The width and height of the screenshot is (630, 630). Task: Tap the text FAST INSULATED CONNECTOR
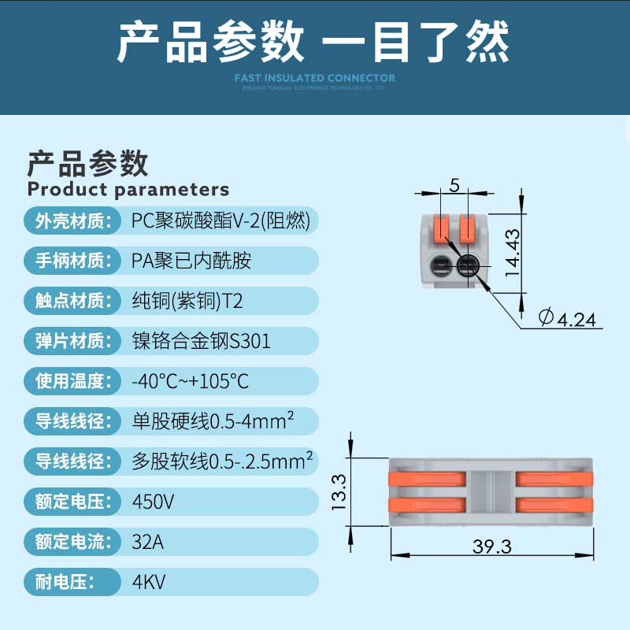[x=315, y=77]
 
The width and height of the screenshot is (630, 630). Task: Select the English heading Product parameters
[x=128, y=189]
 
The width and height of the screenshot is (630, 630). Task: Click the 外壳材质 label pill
[x=70, y=221]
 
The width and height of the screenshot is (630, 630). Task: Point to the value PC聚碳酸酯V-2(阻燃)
[x=220, y=221]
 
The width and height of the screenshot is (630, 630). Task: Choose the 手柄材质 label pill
[x=70, y=261]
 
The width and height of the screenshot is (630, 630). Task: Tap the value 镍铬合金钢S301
[x=201, y=341]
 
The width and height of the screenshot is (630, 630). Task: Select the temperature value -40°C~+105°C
[x=190, y=381]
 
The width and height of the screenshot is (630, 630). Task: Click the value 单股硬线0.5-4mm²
[x=213, y=421]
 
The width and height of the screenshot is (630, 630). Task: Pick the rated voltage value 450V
[x=153, y=501]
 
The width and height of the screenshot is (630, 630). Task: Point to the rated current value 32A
[x=149, y=542]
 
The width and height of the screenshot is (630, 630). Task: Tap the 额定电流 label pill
[x=70, y=542]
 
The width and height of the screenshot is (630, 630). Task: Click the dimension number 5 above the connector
[x=454, y=185]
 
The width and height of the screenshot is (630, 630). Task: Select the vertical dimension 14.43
[x=513, y=253]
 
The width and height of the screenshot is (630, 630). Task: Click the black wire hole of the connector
[x=469, y=265]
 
